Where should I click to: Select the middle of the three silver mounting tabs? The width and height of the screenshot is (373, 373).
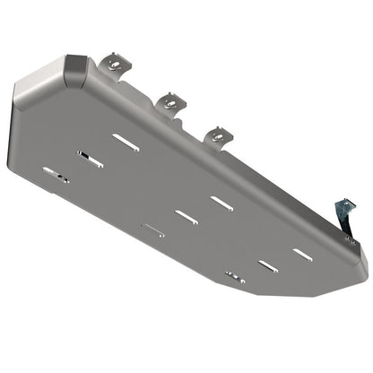click(x=168, y=100)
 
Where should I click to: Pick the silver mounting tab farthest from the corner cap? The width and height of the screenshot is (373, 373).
click(x=218, y=135)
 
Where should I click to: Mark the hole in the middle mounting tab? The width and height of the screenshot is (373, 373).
click(x=168, y=102)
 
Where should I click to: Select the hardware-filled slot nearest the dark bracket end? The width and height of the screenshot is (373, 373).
click(x=235, y=276)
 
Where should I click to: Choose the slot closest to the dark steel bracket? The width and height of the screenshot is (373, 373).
click(x=303, y=255)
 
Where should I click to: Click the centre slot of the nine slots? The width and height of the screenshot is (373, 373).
click(x=186, y=216)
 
